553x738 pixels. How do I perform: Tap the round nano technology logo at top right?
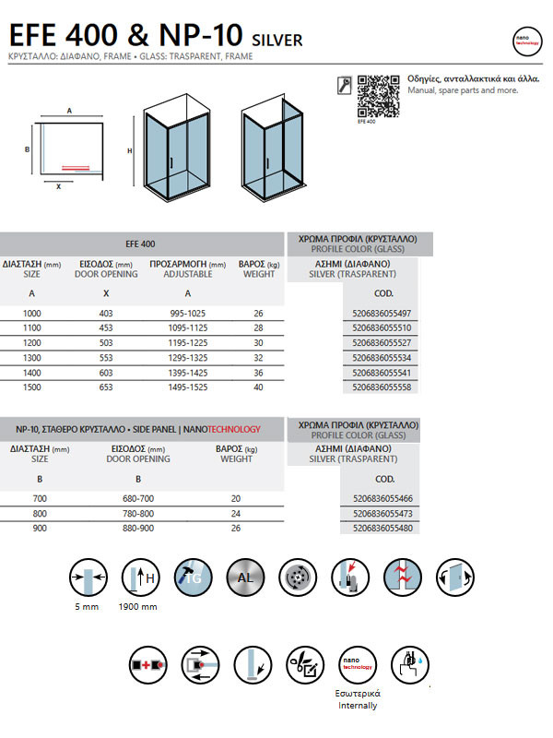point(527,42)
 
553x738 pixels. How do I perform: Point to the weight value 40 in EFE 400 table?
point(258,387)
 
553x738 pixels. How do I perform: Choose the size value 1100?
point(31,328)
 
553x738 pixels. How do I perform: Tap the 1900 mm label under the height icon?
point(138,608)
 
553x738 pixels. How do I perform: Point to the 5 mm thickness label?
point(88,608)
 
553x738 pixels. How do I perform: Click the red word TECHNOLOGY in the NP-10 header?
point(232,429)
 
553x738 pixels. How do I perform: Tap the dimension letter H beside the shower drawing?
point(130,150)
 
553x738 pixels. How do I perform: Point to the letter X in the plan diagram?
point(58,185)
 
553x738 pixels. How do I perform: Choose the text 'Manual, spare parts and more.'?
point(462,90)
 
